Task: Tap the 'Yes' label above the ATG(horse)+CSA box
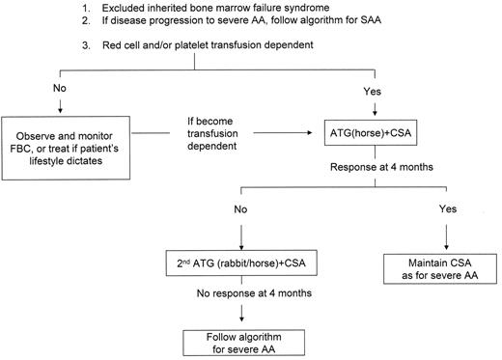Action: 374,90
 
